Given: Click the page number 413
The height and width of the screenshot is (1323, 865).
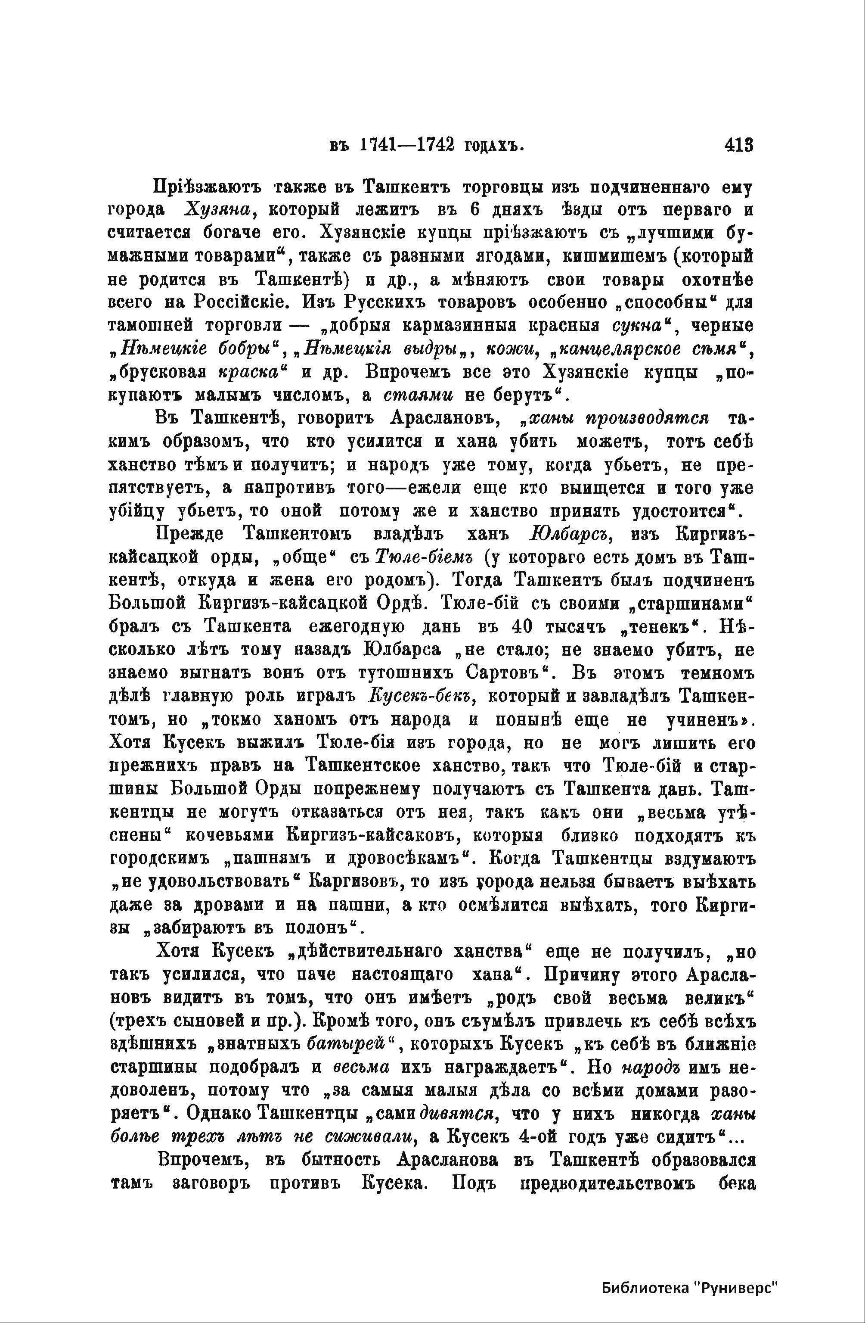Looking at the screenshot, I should tap(738, 146).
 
